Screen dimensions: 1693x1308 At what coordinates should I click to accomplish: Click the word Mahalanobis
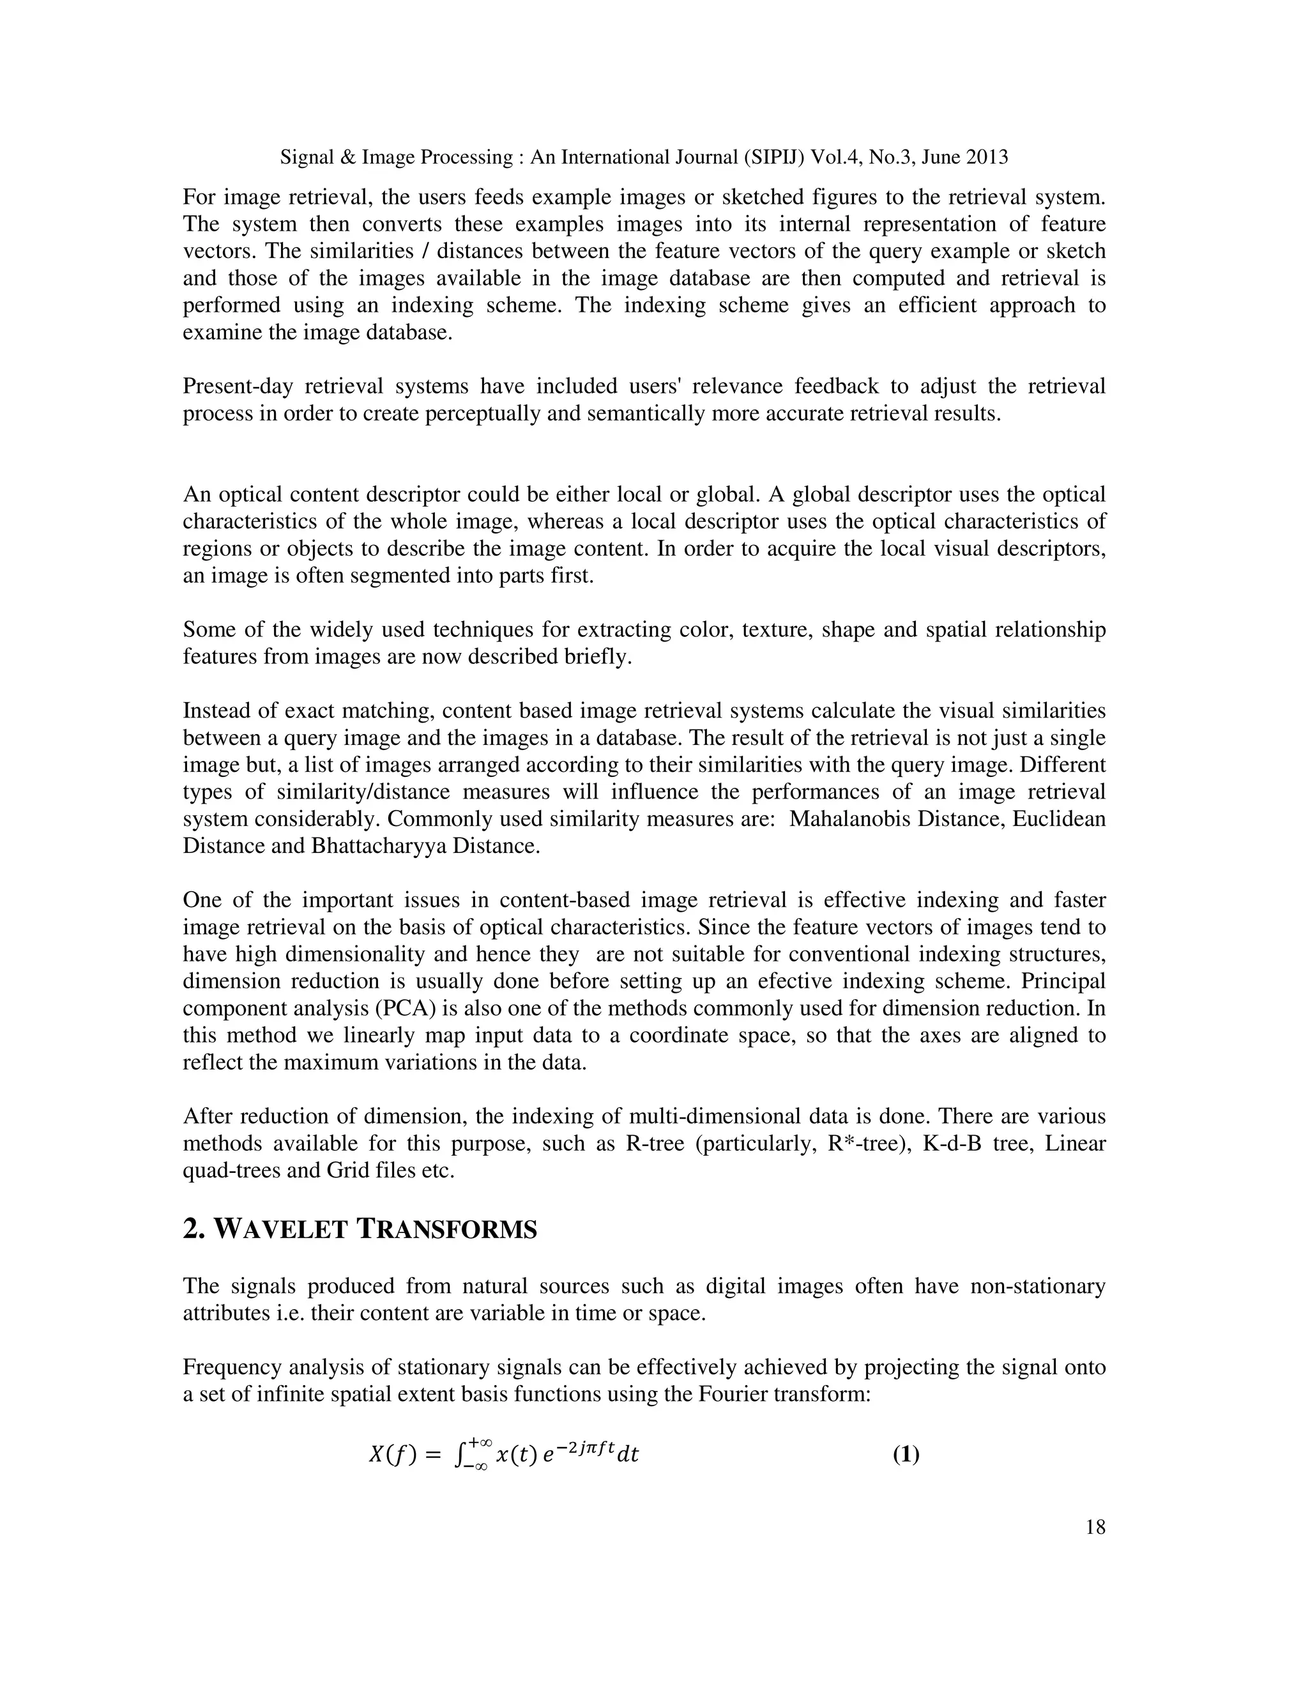[x=849, y=820]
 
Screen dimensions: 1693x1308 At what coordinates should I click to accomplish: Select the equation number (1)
[x=906, y=1455]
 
